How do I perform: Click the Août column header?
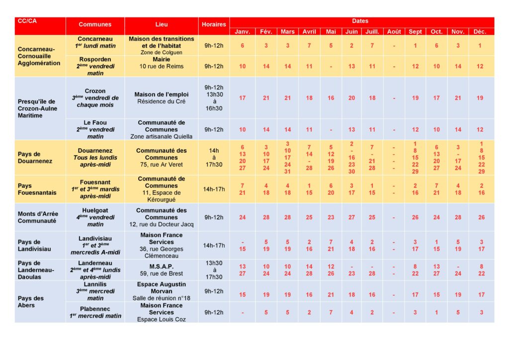[x=394, y=31]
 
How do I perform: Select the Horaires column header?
[x=214, y=24]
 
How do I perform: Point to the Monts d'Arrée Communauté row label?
[x=37, y=217]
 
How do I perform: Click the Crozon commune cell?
[x=95, y=98]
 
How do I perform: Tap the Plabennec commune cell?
[x=95, y=312]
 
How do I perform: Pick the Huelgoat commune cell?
[x=95, y=217]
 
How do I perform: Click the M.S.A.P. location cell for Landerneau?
[x=162, y=270]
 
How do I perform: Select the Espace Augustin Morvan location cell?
[x=162, y=291]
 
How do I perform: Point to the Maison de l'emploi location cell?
[x=162, y=98]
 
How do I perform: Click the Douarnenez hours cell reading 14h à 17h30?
[x=214, y=158]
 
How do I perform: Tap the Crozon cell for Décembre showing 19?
[x=480, y=98]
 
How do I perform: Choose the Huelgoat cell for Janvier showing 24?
[x=243, y=217]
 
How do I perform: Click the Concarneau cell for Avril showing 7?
[x=309, y=46]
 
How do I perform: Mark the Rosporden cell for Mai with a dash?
[x=331, y=66]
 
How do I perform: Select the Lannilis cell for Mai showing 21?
[x=331, y=295]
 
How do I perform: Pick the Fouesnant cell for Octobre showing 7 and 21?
[x=436, y=189]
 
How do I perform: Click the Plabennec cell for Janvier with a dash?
[x=243, y=312]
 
